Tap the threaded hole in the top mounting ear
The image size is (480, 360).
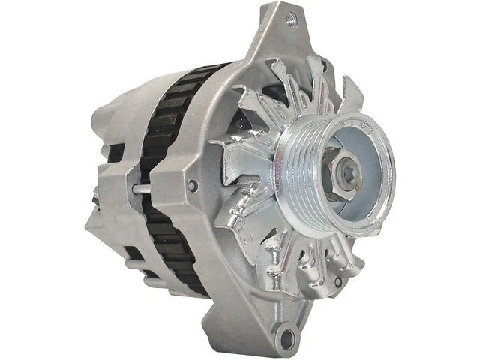pyautogui.click(x=292, y=20)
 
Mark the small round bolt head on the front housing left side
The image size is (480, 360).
pyautogui.click(x=193, y=185)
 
